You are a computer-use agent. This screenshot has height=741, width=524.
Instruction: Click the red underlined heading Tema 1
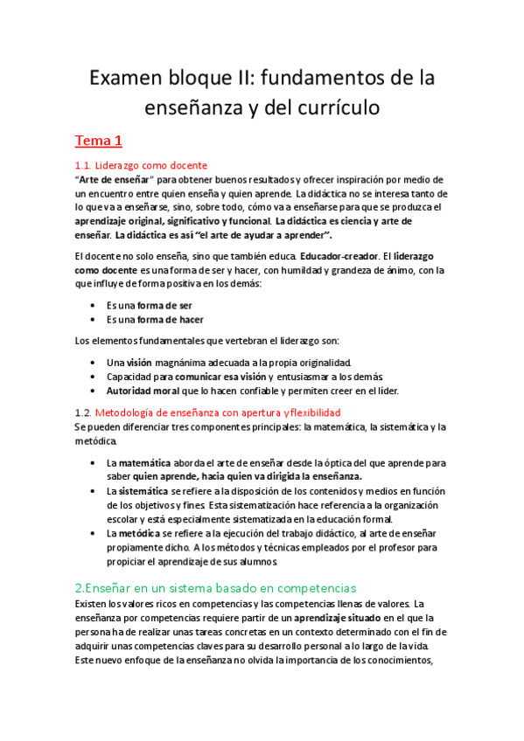pos(99,140)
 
